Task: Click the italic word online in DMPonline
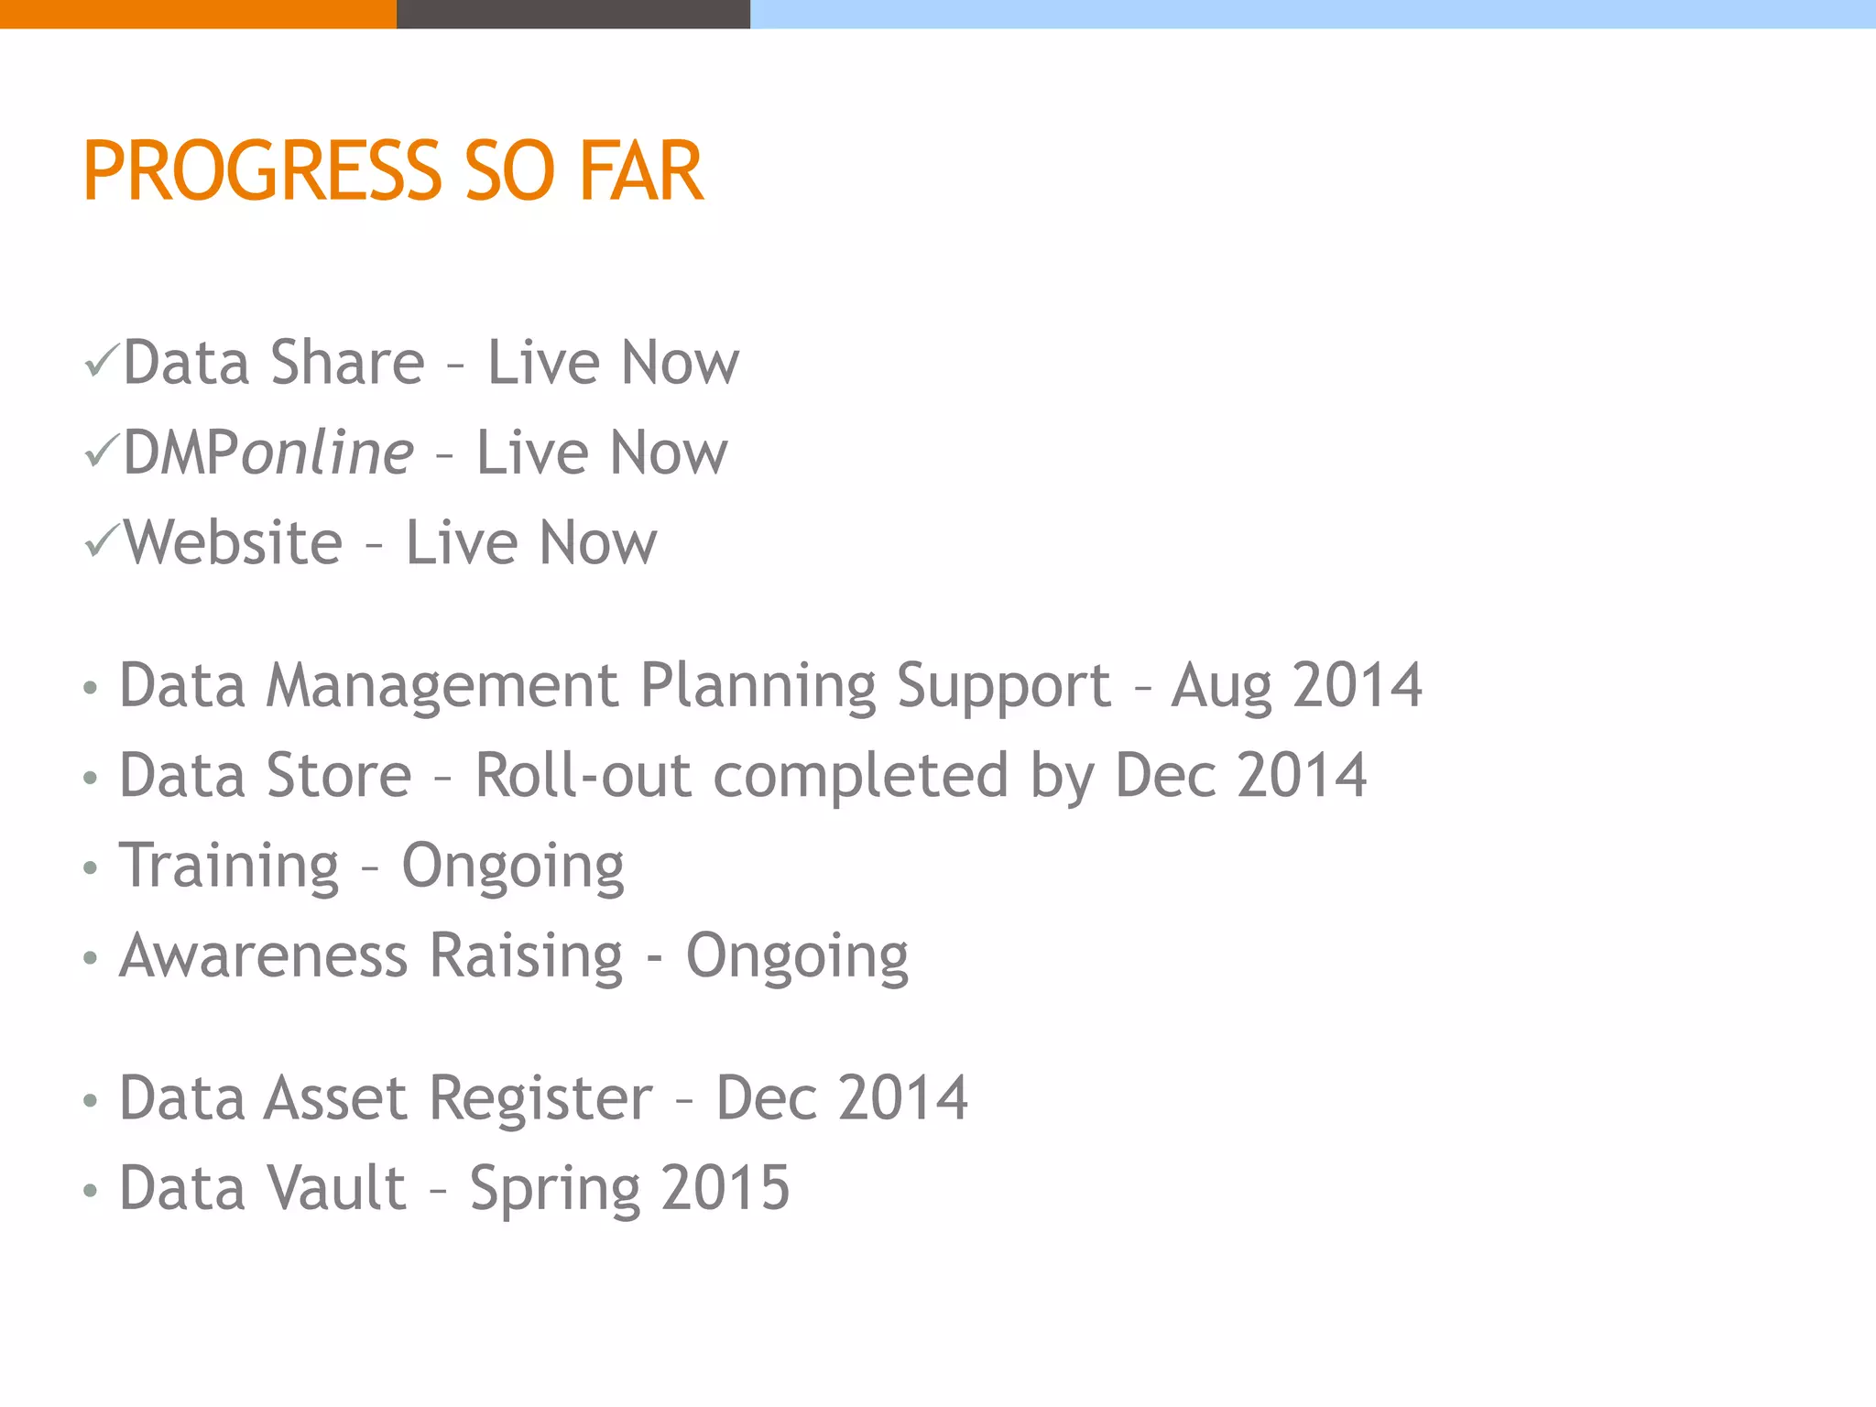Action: [327, 453]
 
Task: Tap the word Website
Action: [234, 542]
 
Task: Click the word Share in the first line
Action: [347, 362]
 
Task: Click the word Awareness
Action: [263, 955]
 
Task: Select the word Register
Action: [540, 1098]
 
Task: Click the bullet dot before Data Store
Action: [90, 778]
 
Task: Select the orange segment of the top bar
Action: [198, 14]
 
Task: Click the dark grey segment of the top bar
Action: [573, 14]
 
